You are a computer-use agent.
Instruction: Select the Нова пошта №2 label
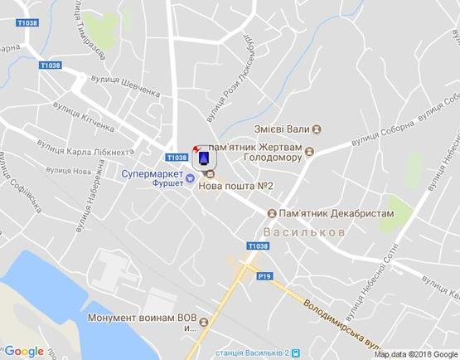236,186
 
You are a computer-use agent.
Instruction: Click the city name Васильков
304,232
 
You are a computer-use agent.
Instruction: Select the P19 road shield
265,275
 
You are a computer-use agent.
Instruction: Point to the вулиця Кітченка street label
82,116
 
